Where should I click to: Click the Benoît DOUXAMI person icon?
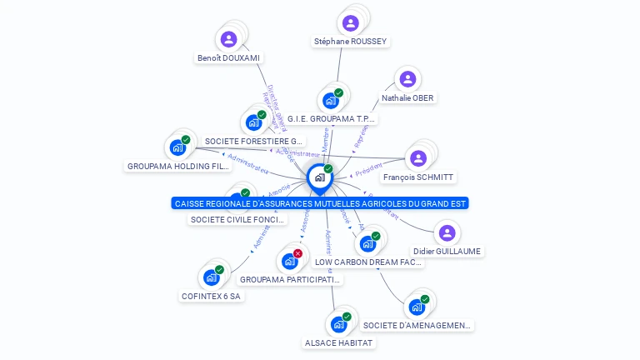(228, 39)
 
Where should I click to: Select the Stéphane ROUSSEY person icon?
(350, 22)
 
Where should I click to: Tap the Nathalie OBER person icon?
(407, 79)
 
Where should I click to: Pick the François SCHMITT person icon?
(418, 158)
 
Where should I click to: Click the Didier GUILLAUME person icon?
(447, 232)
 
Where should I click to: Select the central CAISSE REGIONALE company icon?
(319, 177)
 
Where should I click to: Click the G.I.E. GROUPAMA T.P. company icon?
(331, 101)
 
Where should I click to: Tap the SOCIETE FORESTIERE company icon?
(253, 122)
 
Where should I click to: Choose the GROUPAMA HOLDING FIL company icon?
(177, 147)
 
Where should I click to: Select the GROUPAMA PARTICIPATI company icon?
(290, 261)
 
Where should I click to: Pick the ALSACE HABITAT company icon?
(339, 324)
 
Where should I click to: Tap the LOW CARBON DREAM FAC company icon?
(367, 244)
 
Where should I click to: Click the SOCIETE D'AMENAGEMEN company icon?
(417, 307)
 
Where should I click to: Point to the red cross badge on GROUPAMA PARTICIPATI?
(297, 253)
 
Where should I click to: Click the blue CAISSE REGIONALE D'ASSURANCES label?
(320, 203)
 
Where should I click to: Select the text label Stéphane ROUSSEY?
(350, 42)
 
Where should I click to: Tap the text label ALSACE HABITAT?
(339, 342)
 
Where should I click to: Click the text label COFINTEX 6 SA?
(212, 296)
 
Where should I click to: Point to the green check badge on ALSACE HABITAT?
(347, 317)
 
